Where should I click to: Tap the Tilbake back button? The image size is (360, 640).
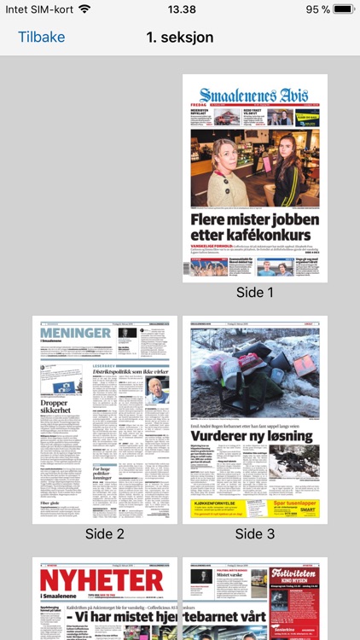point(41,38)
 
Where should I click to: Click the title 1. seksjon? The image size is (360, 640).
point(180,38)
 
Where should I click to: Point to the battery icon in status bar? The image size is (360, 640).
point(342,9)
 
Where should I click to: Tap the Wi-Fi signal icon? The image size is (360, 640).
point(84,9)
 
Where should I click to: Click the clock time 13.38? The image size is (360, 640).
point(182,9)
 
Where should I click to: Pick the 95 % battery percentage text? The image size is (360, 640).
point(318,9)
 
